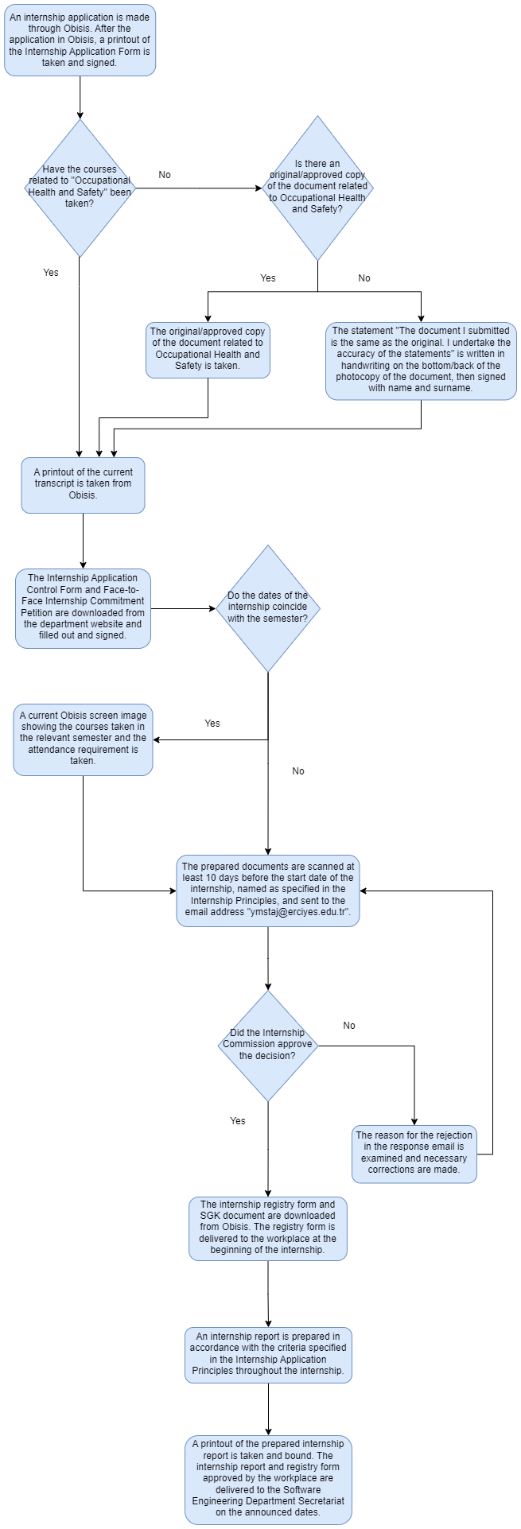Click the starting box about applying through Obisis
click(80, 40)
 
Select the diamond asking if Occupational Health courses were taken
click(80, 187)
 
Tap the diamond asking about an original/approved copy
click(317, 187)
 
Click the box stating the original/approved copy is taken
click(208, 350)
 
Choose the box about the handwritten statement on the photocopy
click(421, 360)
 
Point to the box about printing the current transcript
click(83, 484)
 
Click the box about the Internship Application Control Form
click(83, 608)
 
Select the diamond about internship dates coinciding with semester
click(268, 607)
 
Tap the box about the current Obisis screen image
click(83, 739)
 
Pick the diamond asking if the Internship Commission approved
click(268, 1045)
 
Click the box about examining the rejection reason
click(414, 1153)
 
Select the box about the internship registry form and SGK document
click(268, 1228)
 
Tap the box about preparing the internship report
click(268, 1354)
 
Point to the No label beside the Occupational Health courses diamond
click(165, 175)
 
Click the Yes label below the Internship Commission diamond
click(238, 1121)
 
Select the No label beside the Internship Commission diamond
click(349, 1026)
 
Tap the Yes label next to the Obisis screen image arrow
click(212, 724)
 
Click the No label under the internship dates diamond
click(298, 771)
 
